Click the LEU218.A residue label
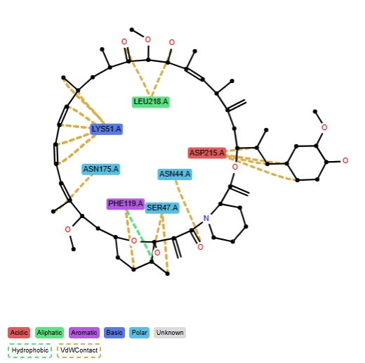coord(151,102)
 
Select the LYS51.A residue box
coord(106,129)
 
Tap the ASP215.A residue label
coord(207,153)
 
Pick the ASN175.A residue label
coord(101,169)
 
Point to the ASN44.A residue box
coord(175,174)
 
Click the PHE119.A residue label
coord(126,204)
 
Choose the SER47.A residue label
coord(162,208)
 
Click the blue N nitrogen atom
coord(206,218)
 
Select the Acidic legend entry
coord(19,333)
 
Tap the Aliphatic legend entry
coord(49,333)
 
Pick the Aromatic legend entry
coord(84,333)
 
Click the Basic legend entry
coord(114,333)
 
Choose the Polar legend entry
coord(139,333)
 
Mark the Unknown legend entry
coord(170,333)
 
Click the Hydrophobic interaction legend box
coord(29,350)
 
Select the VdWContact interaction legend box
coord(79,350)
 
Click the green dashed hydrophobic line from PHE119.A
coord(139,235)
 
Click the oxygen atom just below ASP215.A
coord(235,167)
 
